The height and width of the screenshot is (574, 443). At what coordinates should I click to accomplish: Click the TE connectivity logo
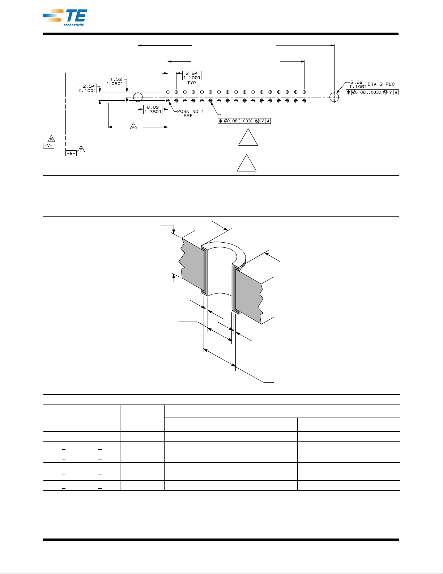click(x=65, y=17)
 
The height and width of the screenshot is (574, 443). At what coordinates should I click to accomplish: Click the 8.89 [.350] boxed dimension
click(x=153, y=109)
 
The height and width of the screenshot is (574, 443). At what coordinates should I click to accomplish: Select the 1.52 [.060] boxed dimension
click(x=114, y=81)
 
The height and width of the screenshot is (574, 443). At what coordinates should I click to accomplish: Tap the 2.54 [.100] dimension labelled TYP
click(x=192, y=75)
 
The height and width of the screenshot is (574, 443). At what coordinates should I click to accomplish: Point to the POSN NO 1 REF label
click(x=190, y=113)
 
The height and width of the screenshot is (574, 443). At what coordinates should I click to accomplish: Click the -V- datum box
click(x=48, y=146)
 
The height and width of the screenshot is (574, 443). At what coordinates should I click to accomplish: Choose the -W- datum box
click(x=71, y=153)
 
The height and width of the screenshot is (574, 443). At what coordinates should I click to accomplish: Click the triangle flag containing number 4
click(x=133, y=127)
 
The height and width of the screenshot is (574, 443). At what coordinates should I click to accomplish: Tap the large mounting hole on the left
click(x=138, y=97)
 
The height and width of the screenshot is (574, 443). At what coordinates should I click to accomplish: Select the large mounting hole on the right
click(x=335, y=97)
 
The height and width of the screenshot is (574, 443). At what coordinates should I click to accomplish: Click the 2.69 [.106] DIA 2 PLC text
click(x=372, y=84)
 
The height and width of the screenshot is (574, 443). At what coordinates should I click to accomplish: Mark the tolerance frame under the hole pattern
click(x=244, y=121)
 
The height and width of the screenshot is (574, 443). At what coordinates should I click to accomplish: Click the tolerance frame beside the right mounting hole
click(x=372, y=92)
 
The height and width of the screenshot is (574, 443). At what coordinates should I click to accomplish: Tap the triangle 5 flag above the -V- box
click(x=51, y=139)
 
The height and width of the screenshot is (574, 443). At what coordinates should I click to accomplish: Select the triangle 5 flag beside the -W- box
click(x=81, y=149)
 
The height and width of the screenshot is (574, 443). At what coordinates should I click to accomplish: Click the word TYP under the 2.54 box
click(x=192, y=83)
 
